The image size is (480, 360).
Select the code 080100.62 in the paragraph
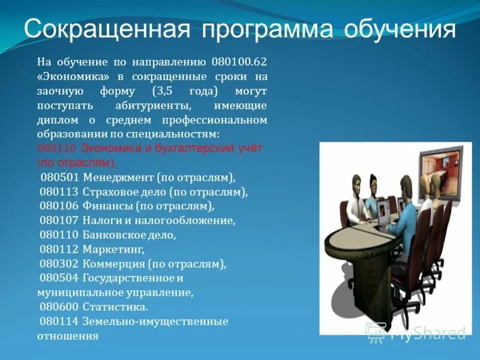239,62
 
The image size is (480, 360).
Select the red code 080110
56,148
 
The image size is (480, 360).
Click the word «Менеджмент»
119,178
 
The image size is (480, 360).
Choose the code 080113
60,192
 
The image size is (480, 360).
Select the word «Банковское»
113,235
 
